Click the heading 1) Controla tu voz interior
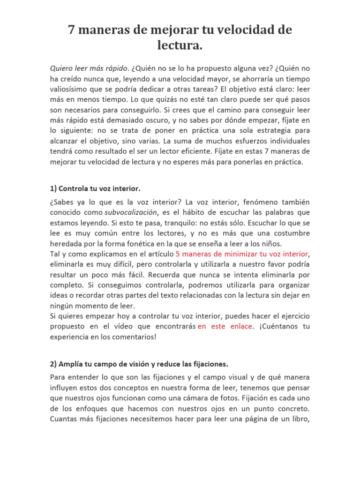click(95, 188)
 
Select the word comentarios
click(128, 336)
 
